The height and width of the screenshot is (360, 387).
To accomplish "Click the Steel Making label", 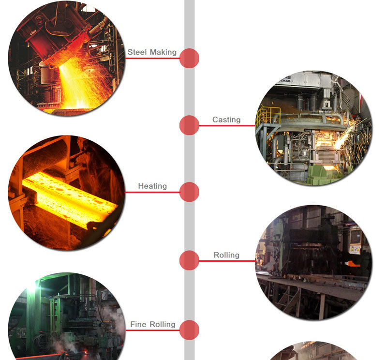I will (x=152, y=52).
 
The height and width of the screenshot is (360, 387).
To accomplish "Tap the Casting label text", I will (x=226, y=120).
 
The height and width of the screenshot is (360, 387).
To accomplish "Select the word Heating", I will (x=152, y=186).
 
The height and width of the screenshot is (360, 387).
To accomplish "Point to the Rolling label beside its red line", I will (x=226, y=255).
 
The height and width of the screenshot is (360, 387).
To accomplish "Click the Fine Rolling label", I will (x=152, y=324).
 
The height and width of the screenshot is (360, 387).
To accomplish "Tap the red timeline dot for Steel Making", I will (x=189, y=58).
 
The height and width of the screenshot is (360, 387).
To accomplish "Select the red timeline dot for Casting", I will (x=189, y=125).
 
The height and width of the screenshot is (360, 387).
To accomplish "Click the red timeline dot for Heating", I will (x=189, y=192).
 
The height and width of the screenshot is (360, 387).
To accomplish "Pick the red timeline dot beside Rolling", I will (x=189, y=260).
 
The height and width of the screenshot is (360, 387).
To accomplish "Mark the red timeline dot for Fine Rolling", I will (x=189, y=330).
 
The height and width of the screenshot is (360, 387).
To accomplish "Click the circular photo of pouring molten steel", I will (x=67, y=58).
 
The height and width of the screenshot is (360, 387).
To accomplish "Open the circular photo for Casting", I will (x=313, y=128).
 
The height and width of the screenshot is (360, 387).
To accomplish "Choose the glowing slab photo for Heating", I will (x=67, y=193).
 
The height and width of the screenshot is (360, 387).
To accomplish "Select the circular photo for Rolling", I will (x=313, y=262).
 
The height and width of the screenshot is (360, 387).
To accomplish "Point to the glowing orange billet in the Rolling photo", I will (x=352, y=264).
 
